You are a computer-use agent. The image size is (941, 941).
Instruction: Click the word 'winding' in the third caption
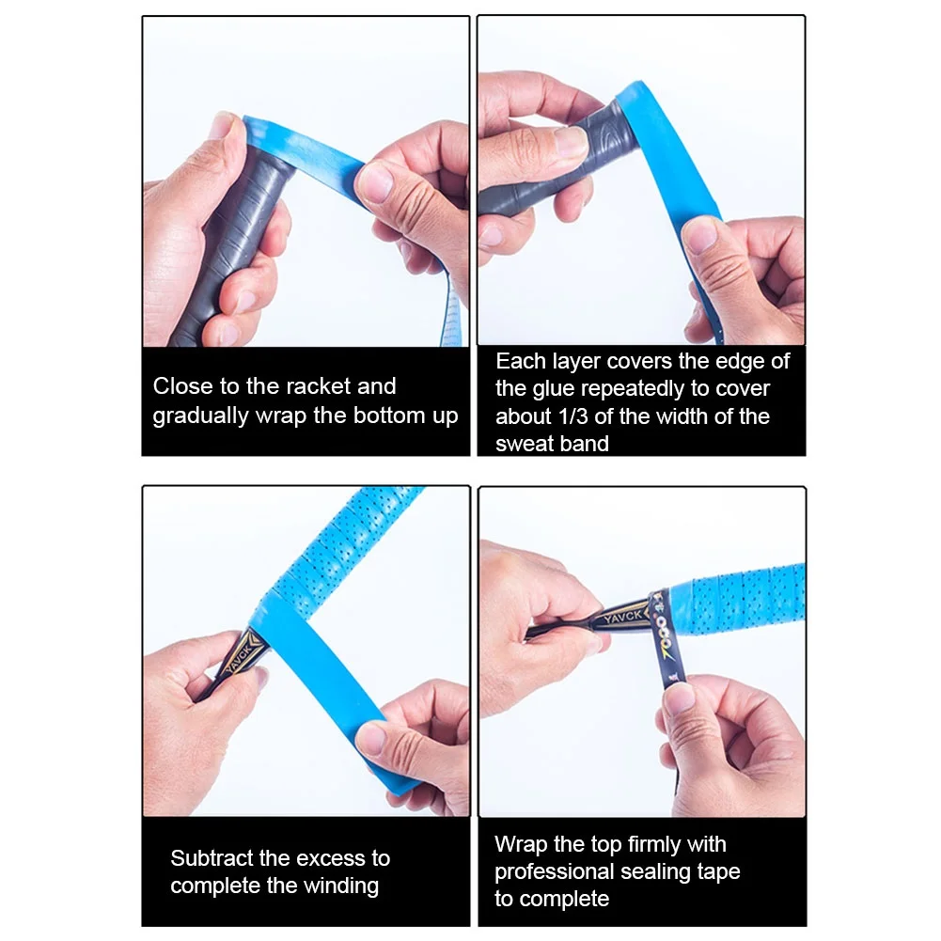tap(339, 886)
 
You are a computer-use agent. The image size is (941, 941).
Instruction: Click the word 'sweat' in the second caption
tap(525, 444)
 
